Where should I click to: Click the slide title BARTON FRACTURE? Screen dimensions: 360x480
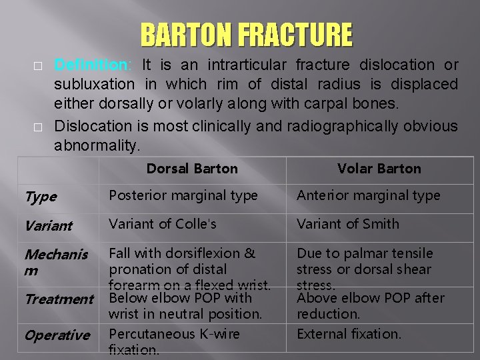coord(246,35)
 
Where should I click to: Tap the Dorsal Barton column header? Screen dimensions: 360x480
coord(192,169)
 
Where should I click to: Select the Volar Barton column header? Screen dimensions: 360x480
coord(379,169)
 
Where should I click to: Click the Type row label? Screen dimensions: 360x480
coord(41,197)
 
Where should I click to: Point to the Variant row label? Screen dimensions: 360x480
coord(48,225)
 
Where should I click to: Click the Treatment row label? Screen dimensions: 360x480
coord(59,299)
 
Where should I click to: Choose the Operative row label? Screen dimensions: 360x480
coord(57,335)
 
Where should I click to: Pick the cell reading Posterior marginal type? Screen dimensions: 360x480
coord(183,195)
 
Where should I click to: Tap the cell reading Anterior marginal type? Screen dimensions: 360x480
coord(369,195)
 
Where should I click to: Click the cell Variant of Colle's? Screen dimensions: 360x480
coord(163,224)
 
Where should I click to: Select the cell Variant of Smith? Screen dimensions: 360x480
coord(348,224)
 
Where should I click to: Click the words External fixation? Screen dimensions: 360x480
coord(349,333)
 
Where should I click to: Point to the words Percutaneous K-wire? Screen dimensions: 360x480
coord(174,333)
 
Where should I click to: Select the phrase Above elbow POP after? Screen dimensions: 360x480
coord(371,298)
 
